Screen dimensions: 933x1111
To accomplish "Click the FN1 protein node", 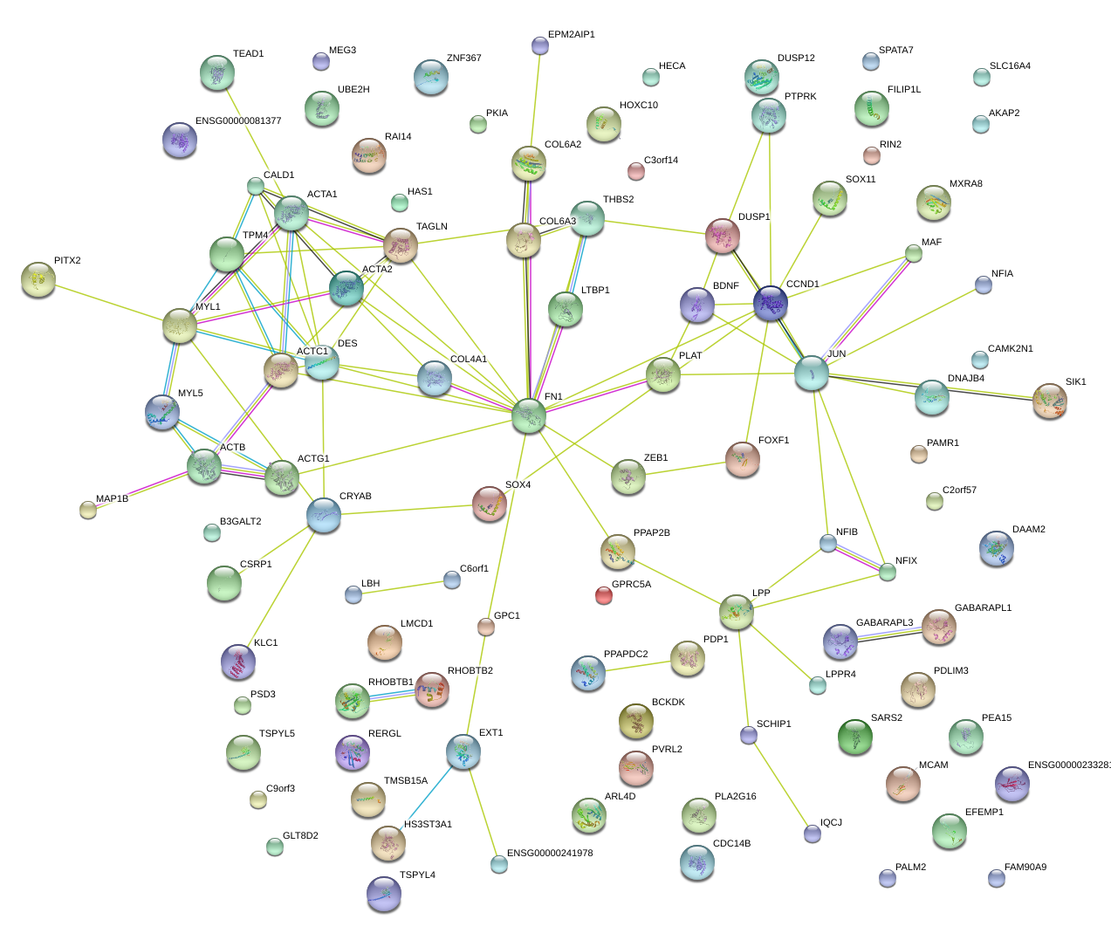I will click(x=529, y=415).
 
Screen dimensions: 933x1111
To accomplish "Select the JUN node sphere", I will click(x=812, y=373).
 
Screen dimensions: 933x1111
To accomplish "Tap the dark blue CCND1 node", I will click(x=771, y=302).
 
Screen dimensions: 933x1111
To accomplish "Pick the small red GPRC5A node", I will click(x=603, y=595).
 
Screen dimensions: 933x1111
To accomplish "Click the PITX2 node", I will click(x=38, y=278).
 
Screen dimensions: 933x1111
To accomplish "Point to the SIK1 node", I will click(x=1049, y=400).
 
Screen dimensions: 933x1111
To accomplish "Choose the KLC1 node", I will click(x=238, y=662).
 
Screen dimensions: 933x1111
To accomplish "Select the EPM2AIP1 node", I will click(x=540, y=45).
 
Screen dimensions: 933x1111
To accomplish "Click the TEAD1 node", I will click(x=216, y=72).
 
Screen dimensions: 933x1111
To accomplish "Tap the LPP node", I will click(x=737, y=612).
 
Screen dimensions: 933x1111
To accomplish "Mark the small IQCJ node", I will click(x=813, y=834).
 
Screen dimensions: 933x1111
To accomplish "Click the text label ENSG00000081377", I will click(x=238, y=120).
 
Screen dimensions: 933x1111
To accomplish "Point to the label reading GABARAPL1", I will click(x=983, y=607).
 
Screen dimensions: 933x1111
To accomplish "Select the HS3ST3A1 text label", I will click(x=428, y=824).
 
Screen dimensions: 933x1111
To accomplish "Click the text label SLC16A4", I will click(x=1010, y=65).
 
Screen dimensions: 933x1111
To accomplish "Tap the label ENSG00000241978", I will click(x=550, y=853).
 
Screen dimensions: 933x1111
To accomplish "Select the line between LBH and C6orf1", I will click(x=402, y=587).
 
